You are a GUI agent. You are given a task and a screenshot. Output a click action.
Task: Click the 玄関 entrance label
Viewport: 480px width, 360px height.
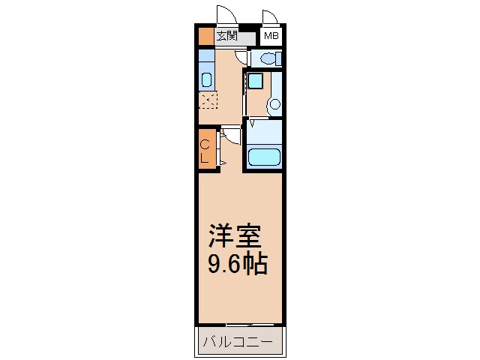click(x=226, y=35)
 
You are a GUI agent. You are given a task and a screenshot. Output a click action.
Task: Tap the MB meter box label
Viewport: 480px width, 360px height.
click(x=270, y=35)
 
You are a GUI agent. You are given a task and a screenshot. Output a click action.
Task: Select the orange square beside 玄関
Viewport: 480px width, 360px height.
click(x=205, y=35)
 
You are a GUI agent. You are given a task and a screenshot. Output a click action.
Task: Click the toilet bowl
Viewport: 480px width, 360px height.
click(x=266, y=58)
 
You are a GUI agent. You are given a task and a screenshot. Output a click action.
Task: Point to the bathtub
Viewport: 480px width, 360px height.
click(x=263, y=157)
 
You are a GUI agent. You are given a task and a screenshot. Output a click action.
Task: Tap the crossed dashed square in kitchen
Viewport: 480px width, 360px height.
click(x=206, y=100)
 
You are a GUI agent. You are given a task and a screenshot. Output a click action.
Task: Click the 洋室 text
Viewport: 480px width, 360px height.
click(x=234, y=238)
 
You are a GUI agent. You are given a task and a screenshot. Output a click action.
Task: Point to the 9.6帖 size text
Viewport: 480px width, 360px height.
click(x=237, y=264)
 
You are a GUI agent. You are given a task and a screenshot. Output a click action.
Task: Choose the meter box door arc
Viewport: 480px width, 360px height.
click(x=270, y=18)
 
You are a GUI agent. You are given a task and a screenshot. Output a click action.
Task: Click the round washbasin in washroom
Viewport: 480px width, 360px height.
click(x=274, y=104)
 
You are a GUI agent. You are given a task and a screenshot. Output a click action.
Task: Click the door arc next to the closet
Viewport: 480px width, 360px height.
click(x=230, y=136)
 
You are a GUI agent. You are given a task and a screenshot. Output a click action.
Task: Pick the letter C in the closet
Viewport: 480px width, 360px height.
click(x=205, y=145)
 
